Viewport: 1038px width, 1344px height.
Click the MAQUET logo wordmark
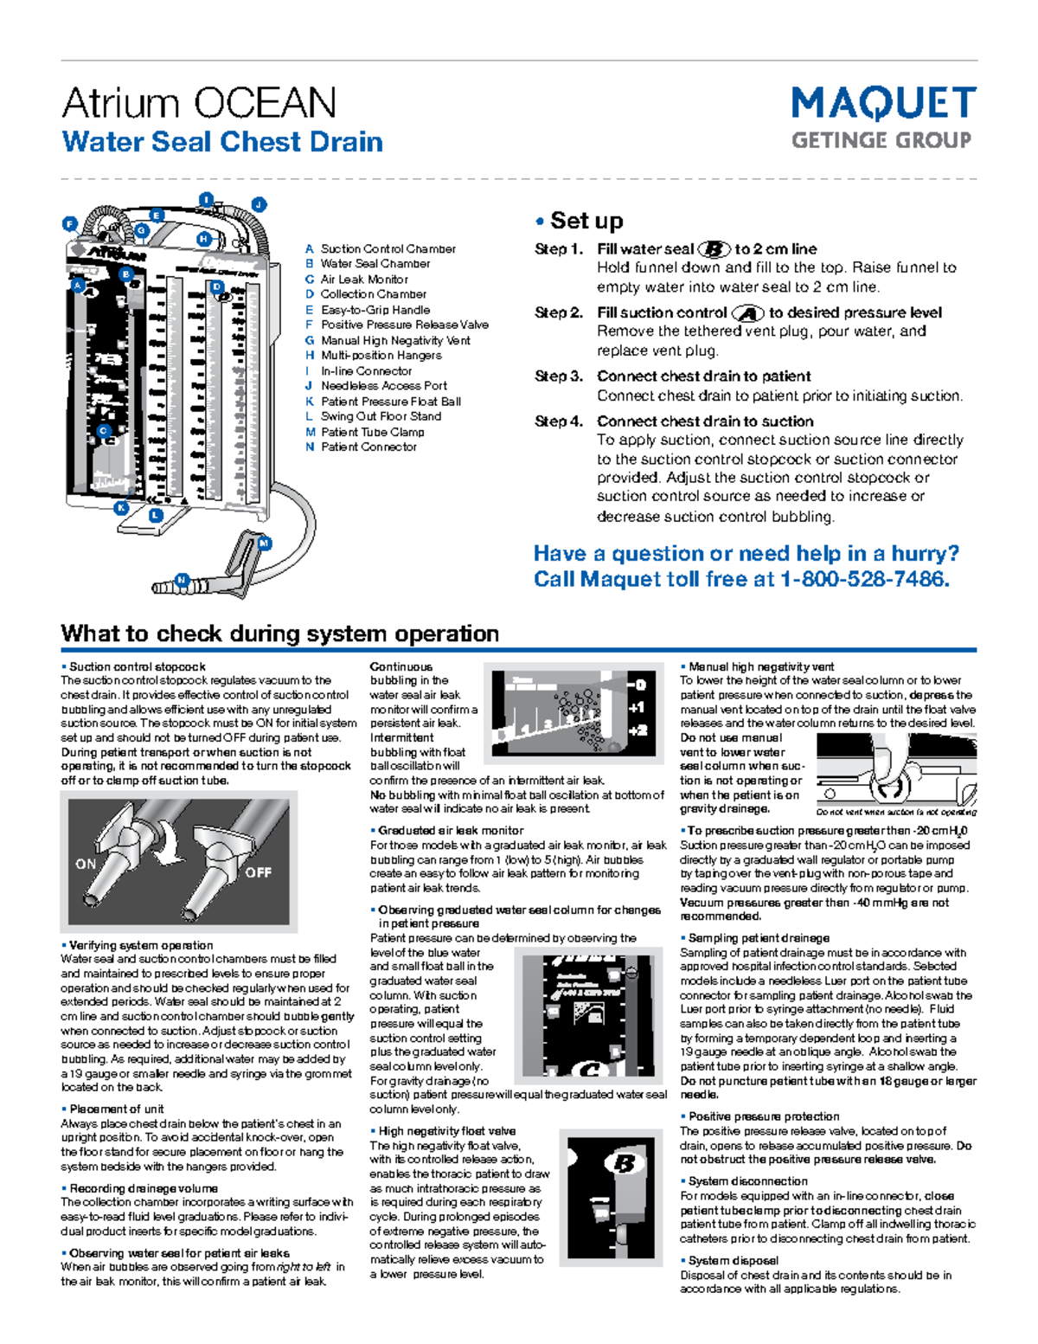tap(883, 104)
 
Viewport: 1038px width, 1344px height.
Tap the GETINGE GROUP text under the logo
tap(881, 140)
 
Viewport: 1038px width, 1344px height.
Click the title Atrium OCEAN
tap(199, 103)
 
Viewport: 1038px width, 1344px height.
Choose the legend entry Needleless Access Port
tap(383, 386)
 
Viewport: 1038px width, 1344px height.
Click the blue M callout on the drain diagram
tap(265, 543)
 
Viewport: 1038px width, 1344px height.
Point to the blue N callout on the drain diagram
tap(182, 580)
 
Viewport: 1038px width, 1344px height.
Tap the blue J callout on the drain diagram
tap(259, 205)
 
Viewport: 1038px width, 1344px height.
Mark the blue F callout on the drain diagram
tap(70, 224)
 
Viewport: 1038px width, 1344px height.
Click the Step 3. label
tap(558, 376)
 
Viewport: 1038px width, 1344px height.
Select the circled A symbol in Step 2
tap(747, 313)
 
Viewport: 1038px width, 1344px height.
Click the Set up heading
tap(586, 221)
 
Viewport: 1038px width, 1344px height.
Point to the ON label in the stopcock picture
tap(86, 864)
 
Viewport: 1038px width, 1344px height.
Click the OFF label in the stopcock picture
tap(258, 872)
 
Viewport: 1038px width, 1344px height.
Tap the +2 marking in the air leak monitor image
tap(637, 730)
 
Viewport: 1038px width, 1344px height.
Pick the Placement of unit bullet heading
tap(116, 1109)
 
